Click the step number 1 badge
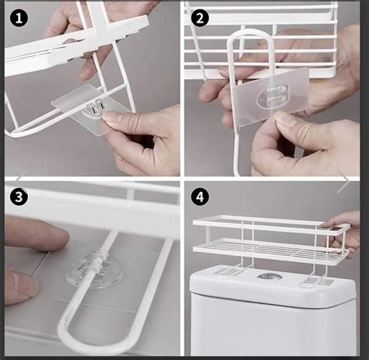click(x=19, y=19)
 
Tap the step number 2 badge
click(x=200, y=19)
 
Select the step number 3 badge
click(x=19, y=197)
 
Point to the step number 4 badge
click(x=200, y=197)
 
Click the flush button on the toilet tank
click(x=270, y=277)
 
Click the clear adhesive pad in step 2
click(x=270, y=97)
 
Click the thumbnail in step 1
click(x=113, y=119)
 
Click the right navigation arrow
click(x=343, y=181)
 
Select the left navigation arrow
click(x=21, y=179)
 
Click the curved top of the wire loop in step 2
click(x=250, y=31)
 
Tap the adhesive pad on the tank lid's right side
click(x=316, y=281)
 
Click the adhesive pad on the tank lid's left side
click(x=228, y=271)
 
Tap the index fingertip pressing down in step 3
click(x=56, y=237)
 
